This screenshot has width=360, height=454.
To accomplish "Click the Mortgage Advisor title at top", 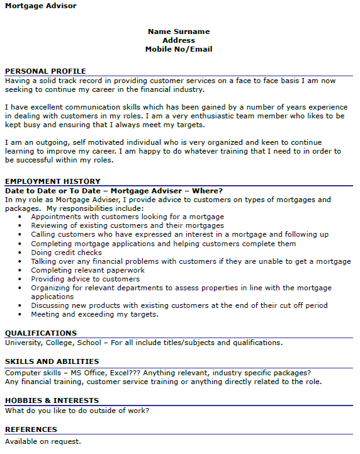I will click(41, 6).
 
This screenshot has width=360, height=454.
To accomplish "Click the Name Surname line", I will click(179, 31).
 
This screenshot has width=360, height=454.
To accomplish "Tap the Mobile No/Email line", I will click(179, 49).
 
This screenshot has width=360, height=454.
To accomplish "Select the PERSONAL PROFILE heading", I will click(45, 71).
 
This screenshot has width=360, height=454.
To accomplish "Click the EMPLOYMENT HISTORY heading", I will click(52, 181).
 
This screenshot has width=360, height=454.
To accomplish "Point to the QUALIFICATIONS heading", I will click(41, 333).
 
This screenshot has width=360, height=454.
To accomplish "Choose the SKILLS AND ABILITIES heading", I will click(52, 361).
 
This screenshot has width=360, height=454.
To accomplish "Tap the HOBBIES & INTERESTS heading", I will click(52, 400).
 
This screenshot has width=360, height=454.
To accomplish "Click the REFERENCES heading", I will click(31, 429).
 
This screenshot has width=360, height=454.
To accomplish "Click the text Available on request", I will click(43, 441).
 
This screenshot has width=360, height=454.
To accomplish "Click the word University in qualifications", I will click(23, 343).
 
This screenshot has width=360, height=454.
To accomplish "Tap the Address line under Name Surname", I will click(179, 40).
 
